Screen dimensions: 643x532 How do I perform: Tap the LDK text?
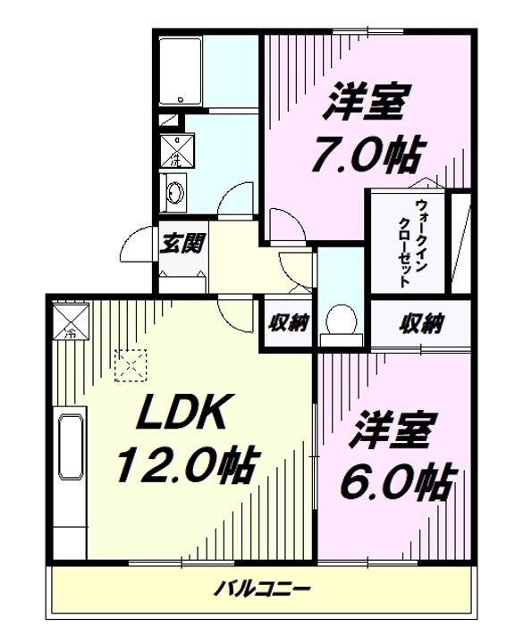[186, 413]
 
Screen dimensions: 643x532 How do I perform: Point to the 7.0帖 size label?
[367, 154]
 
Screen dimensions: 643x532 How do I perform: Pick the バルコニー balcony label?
[262, 589]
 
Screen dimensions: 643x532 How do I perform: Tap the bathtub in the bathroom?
[182, 71]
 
